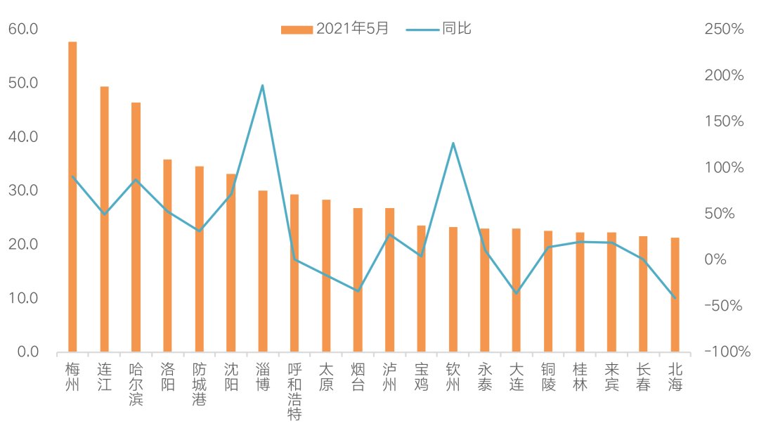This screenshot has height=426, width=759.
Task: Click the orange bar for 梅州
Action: pos(72,197)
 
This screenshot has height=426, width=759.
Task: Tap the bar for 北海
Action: pos(675,295)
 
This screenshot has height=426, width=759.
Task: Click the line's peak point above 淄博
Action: pos(262,86)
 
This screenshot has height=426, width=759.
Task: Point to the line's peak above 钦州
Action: pos(453,143)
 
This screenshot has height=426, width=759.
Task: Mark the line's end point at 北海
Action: pos(675,298)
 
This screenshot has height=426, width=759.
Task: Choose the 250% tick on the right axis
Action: pos(724,30)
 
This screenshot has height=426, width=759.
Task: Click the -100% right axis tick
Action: pos(724,351)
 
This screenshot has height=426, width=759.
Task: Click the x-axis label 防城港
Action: pos(199,384)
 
